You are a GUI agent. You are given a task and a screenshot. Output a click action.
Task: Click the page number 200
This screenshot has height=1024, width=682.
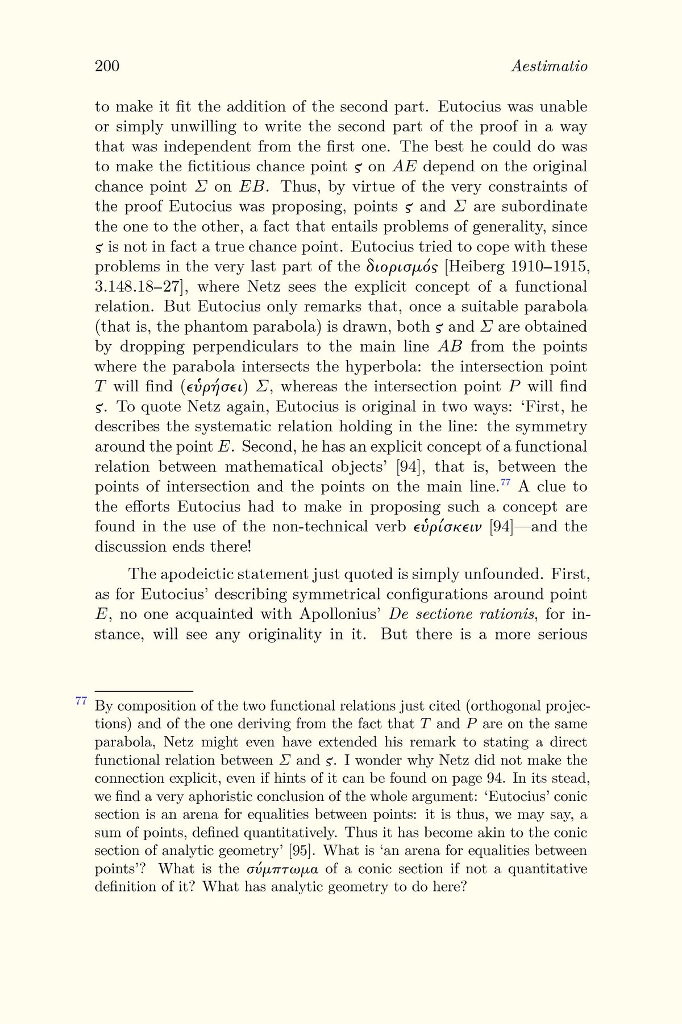[107, 67]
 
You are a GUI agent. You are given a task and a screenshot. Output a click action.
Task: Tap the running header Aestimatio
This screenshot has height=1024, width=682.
[549, 67]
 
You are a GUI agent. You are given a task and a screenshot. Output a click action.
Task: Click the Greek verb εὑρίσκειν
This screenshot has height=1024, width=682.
[448, 527]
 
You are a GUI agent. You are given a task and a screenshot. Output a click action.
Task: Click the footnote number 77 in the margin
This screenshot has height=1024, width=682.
[81, 701]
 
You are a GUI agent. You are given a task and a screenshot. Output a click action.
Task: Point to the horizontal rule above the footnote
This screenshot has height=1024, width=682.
[144, 691]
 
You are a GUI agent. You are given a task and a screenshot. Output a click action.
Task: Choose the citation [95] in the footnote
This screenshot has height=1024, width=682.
[299, 851]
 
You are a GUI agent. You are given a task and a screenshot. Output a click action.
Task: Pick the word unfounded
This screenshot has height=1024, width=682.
[504, 574]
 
